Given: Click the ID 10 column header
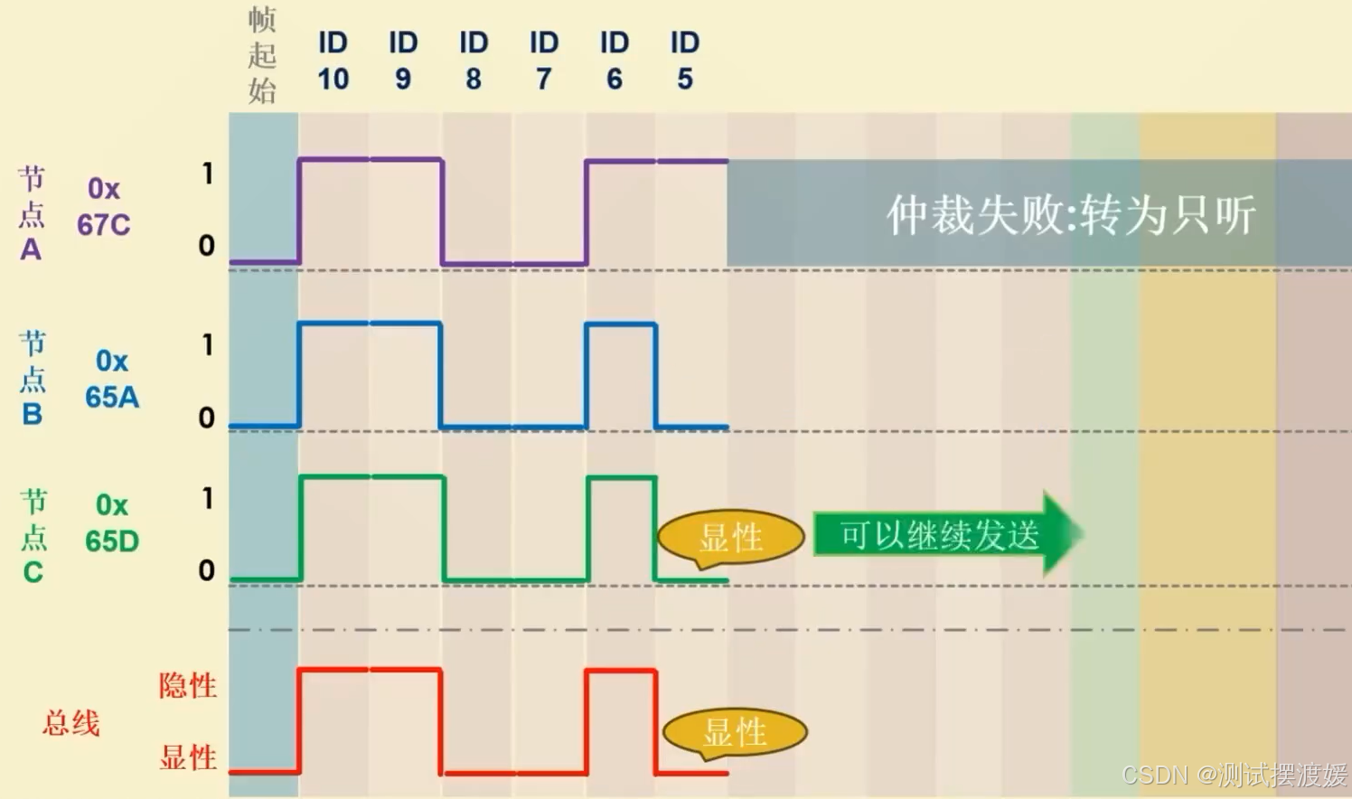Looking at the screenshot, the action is pyautogui.click(x=333, y=61).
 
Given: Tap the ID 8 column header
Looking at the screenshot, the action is pyautogui.click(x=474, y=61).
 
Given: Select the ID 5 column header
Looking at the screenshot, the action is pyautogui.click(x=685, y=61).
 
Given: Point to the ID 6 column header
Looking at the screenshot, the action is pyautogui.click(x=615, y=61).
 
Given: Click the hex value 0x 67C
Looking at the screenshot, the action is pyautogui.click(x=103, y=207).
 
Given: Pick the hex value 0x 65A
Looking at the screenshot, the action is pyautogui.click(x=112, y=379).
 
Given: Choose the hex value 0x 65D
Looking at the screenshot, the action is pyautogui.click(x=112, y=523).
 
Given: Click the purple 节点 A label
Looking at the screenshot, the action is pyautogui.click(x=32, y=214).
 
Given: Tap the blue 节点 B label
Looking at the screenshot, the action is pyautogui.click(x=33, y=378).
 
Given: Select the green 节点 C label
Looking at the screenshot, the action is pyautogui.click(x=33, y=537).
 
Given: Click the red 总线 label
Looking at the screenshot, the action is pyautogui.click(x=71, y=723).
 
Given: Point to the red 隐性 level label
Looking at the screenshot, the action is pyautogui.click(x=188, y=686).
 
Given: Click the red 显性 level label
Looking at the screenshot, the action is pyautogui.click(x=188, y=757).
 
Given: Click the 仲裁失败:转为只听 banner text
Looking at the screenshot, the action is pyautogui.click(x=1071, y=215).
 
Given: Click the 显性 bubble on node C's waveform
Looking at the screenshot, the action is pyautogui.click(x=731, y=538).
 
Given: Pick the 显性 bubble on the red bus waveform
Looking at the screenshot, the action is pyautogui.click(x=735, y=732).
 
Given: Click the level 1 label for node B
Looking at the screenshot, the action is pyautogui.click(x=208, y=345).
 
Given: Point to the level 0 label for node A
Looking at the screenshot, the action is pyautogui.click(x=207, y=246).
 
